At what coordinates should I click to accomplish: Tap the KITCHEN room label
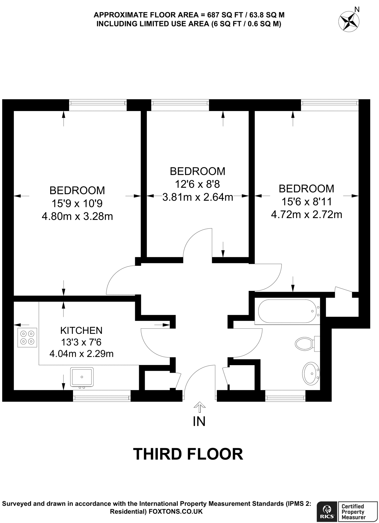point(81,330)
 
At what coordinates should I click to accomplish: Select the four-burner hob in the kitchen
point(27,337)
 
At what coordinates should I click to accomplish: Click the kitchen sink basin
point(82,377)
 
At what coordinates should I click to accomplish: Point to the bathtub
point(287,311)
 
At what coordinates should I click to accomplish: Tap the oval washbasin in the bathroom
point(311,373)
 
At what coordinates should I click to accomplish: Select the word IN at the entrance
point(199,422)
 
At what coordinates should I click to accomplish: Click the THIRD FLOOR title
point(188,454)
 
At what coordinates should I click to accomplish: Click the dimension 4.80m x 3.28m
point(77,217)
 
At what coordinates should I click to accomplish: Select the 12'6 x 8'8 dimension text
point(197,184)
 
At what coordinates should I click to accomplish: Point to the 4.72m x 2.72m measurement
point(306,215)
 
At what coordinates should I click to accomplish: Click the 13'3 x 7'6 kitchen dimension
point(81,342)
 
